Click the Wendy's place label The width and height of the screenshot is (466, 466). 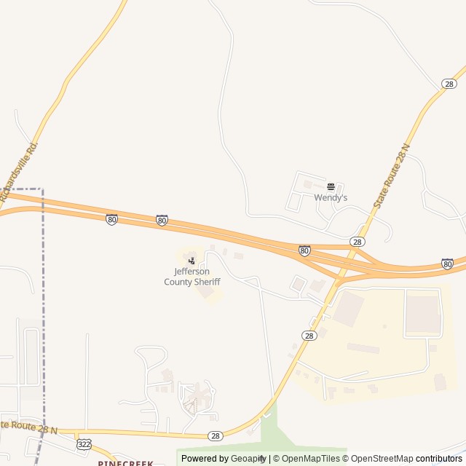pos(331,197)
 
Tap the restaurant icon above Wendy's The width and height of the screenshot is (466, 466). pos(331,186)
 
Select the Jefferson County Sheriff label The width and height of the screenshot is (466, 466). pos(192,277)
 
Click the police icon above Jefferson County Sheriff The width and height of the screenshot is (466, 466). pos(191,260)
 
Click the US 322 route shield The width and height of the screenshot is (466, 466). pos(84,443)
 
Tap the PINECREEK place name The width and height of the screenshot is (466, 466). pos(126,462)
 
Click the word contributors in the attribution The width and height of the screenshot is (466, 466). pos(439,459)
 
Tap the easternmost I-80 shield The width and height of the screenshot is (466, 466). pos(447,263)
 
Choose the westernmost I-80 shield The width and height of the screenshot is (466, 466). pos(111,218)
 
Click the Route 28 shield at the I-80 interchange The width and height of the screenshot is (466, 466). pos(357,241)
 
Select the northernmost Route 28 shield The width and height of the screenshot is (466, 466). pos(449,84)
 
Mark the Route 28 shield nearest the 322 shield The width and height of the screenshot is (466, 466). pos(215,435)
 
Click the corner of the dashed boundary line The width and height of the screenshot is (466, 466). pos(42,189)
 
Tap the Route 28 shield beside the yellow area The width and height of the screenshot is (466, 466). pos(309,335)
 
